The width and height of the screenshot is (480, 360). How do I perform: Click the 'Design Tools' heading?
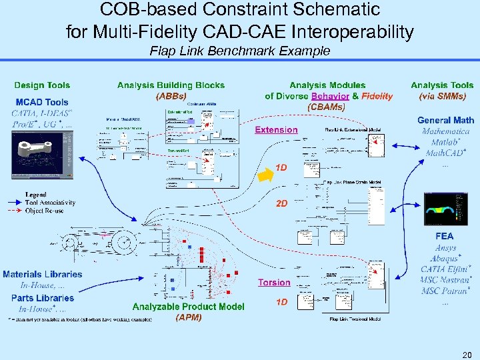pos(42,85)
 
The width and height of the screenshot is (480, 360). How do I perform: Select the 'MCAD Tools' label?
pos(42,102)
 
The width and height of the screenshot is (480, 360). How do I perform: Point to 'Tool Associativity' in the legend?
pos(50,203)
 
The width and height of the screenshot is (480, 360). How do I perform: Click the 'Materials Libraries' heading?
pos(43,274)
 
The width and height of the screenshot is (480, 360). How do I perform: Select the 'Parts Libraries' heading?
pos(43,298)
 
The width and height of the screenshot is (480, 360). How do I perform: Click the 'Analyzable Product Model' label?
pos(188,307)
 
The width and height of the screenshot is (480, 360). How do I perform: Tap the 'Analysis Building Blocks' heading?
pos(171,85)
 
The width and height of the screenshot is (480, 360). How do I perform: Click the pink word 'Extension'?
pos(276,130)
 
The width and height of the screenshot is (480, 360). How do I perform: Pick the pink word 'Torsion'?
pos(274,283)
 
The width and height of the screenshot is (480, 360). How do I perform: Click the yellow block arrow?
pos(265,174)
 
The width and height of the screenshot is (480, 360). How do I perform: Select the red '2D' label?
pos(281,203)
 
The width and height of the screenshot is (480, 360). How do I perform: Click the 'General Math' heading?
pos(445,120)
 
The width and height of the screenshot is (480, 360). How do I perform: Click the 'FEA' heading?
pos(444,236)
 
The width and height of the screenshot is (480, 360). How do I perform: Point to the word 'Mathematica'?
pos(445,131)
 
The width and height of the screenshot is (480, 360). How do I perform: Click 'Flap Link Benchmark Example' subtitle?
pos(240,51)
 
